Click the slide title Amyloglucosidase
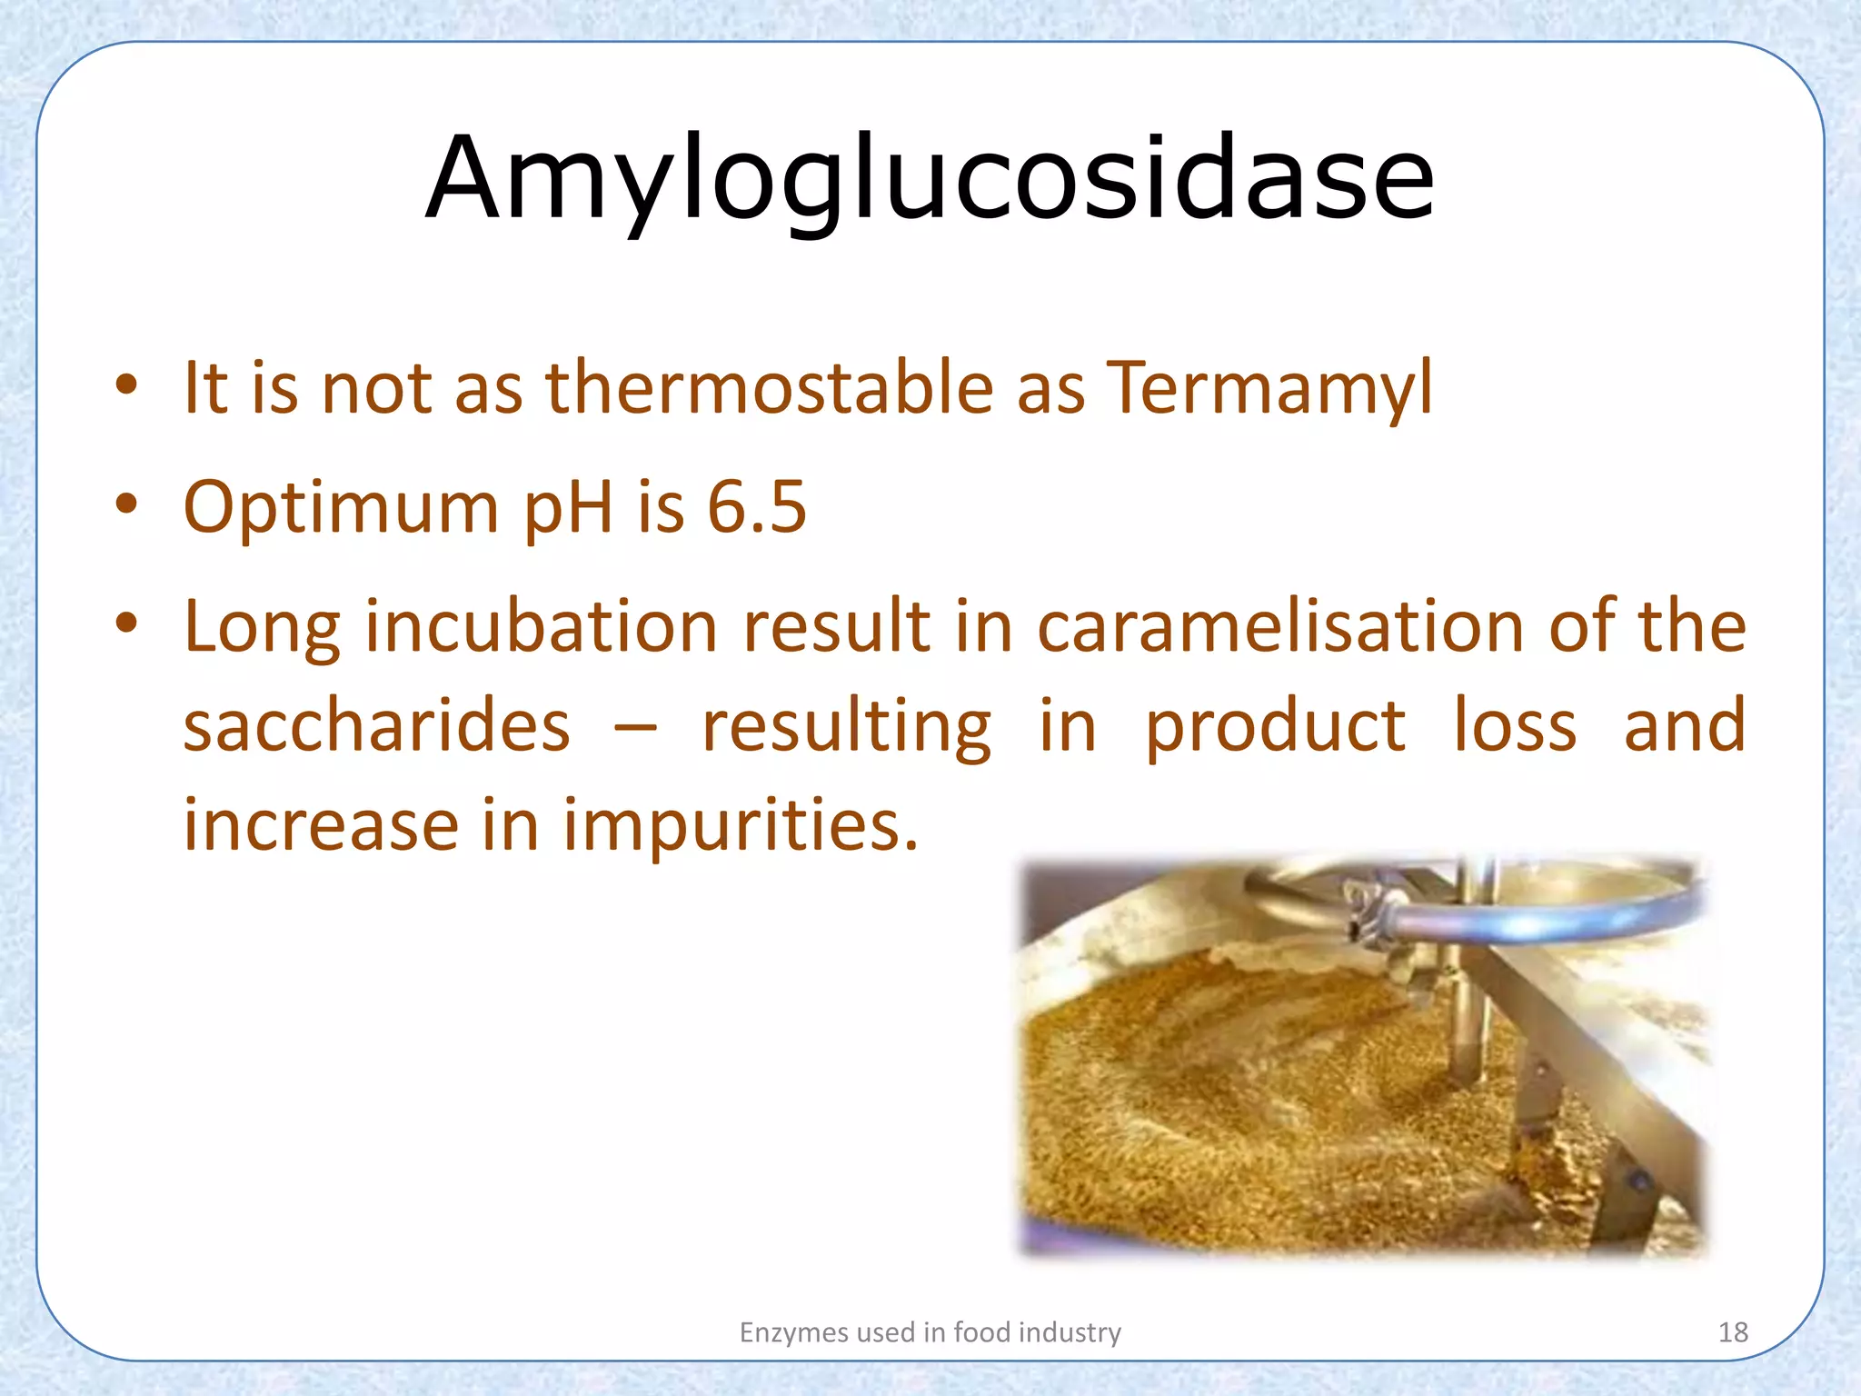[930, 178]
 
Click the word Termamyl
[1269, 388]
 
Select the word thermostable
[769, 388]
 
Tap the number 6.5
[756, 507]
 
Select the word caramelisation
[1280, 626]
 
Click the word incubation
[542, 626]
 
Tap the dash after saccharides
[635, 728]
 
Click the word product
[1275, 727]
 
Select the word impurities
[741, 826]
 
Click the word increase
[321, 825]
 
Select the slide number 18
[1733, 1332]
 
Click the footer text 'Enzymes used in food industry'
[930, 1332]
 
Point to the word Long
[262, 628]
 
